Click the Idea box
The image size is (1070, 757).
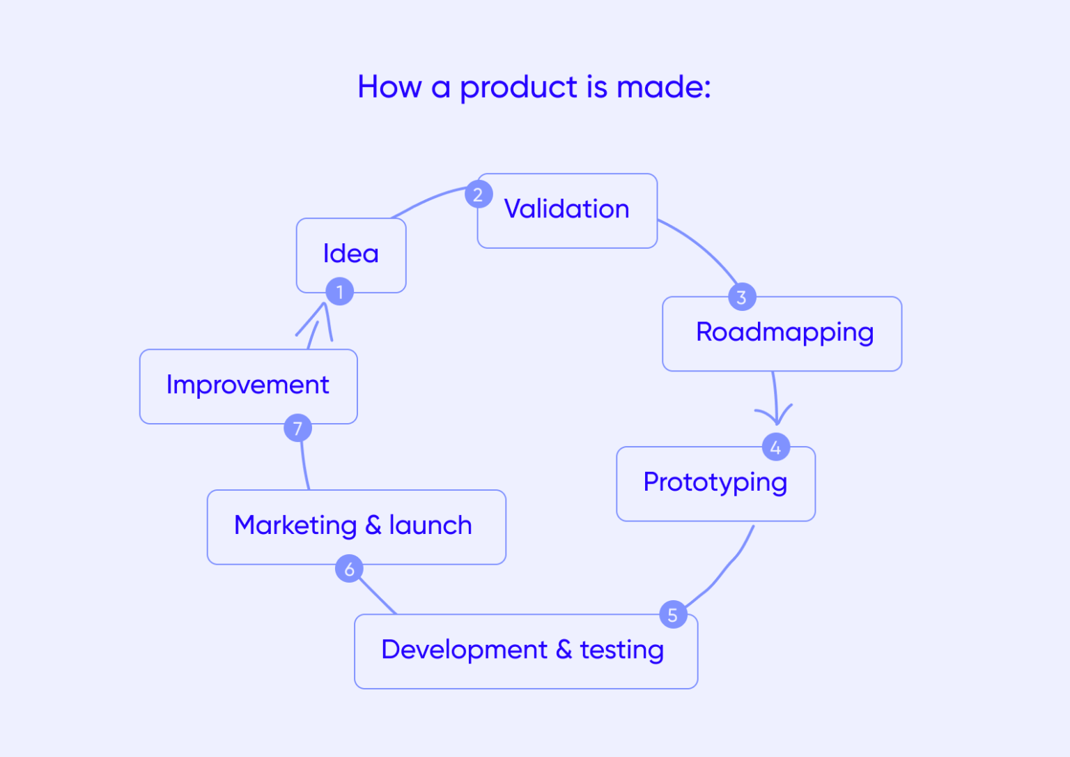351,254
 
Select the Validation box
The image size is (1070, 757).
567,210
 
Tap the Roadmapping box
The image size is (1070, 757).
782,333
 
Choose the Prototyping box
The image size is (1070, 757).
715,483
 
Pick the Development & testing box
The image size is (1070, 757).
525,651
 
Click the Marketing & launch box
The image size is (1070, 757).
356,526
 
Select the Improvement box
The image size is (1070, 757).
248,385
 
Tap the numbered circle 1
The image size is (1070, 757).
340,291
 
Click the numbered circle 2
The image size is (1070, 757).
479,194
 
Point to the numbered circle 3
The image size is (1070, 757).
742,297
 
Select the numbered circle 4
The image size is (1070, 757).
776,447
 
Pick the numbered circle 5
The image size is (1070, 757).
673,614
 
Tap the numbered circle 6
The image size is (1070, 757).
349,569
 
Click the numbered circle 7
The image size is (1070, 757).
298,428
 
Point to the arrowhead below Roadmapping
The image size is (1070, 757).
776,417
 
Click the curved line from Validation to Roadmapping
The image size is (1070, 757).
701,247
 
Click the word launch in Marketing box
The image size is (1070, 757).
431,526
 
